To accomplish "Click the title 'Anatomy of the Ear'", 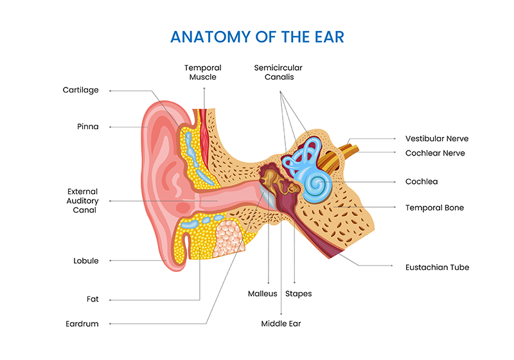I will click(x=256, y=37).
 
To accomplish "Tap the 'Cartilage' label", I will click(x=80, y=90).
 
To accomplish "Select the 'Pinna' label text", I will click(x=87, y=127).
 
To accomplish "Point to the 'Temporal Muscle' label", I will click(x=202, y=72).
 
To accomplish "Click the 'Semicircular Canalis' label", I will click(x=278, y=72).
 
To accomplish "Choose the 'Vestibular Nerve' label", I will click(x=436, y=138).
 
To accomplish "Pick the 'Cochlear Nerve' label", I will click(x=435, y=153).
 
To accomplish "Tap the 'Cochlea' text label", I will click(x=421, y=182).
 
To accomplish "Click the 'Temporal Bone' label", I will click(x=434, y=208).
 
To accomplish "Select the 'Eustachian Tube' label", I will click(x=437, y=267).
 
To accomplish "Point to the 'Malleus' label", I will click(x=262, y=294).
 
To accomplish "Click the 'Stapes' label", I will click(x=298, y=294).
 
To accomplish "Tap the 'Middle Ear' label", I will click(x=281, y=323).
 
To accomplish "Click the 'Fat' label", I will click(x=93, y=299).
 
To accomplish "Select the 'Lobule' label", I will click(x=86, y=261).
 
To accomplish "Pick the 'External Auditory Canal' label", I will click(x=83, y=201).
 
